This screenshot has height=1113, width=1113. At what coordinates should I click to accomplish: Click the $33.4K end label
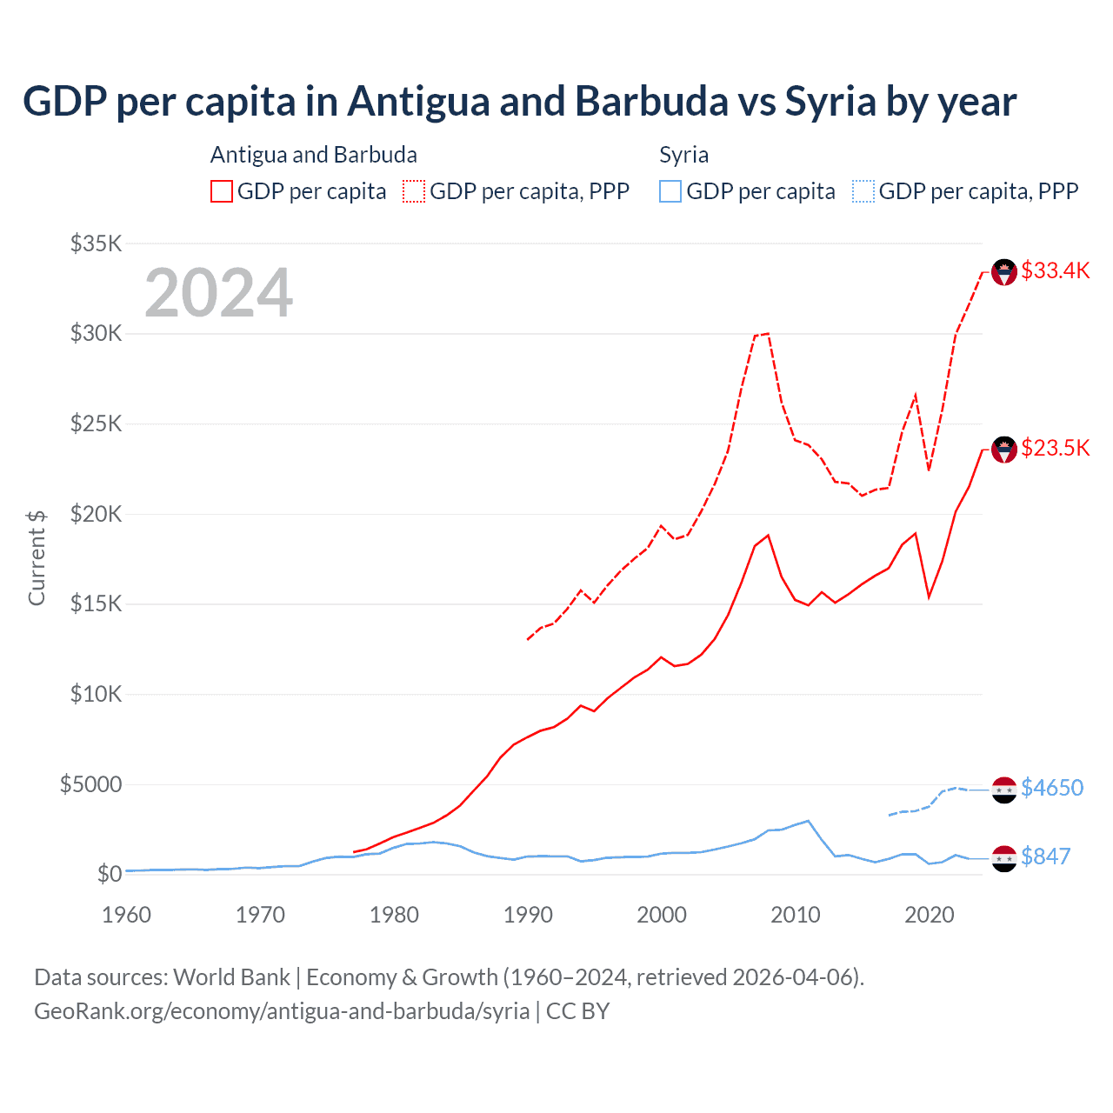1055,270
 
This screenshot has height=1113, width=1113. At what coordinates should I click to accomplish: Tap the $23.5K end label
1055,448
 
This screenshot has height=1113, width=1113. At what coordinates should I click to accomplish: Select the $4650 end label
1052,788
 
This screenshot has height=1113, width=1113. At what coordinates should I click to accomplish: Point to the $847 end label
1045,856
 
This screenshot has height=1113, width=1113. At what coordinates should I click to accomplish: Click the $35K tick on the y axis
96,243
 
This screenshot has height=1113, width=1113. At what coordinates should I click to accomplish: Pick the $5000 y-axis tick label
90,784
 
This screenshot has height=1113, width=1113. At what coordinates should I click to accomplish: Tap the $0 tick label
109,874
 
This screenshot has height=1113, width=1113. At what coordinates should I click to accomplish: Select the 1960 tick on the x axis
127,915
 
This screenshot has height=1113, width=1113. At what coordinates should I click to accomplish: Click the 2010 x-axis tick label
796,915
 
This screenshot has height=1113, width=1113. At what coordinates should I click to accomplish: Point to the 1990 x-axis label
528,915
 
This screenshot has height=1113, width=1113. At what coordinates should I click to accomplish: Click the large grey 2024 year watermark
218,293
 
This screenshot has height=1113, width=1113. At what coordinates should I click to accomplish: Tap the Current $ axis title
37,557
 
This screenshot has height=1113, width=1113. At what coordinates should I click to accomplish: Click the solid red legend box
222,191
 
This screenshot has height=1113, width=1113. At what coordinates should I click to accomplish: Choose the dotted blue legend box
863,191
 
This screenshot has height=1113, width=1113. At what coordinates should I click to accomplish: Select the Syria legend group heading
683,155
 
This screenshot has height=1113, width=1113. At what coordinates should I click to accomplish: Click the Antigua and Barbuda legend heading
314,155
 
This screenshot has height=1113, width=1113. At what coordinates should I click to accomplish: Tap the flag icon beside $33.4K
1004,272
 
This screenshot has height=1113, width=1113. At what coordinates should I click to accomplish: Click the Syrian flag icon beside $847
1004,858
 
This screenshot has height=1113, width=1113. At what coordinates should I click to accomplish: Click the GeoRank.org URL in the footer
282,1011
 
